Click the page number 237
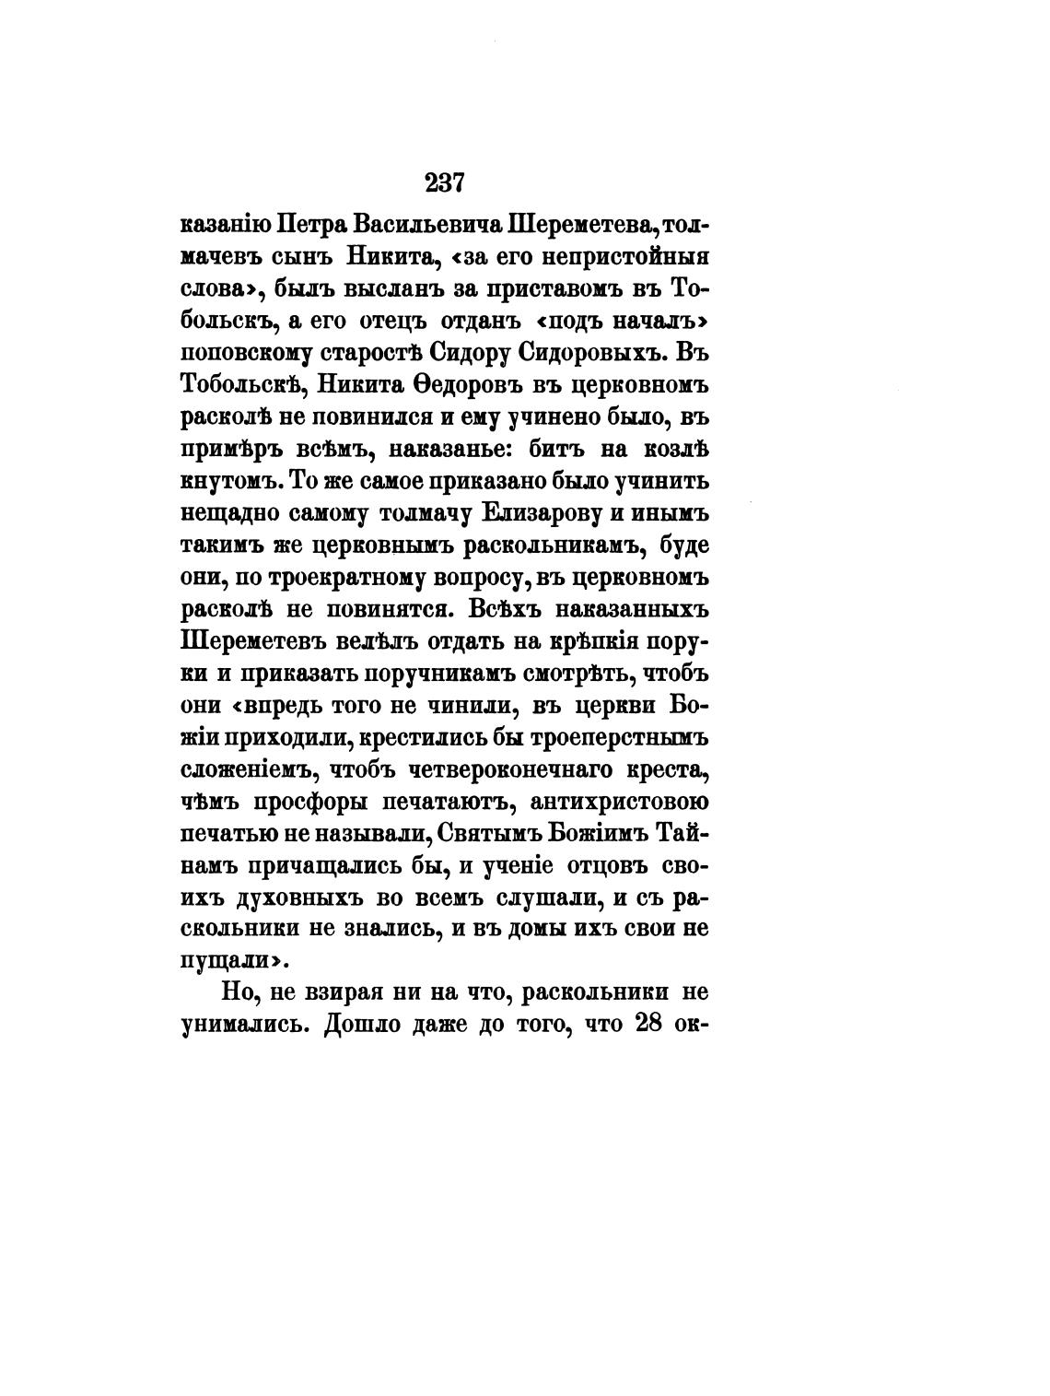pyautogui.click(x=445, y=183)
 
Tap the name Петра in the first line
pyautogui.click(x=307, y=226)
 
